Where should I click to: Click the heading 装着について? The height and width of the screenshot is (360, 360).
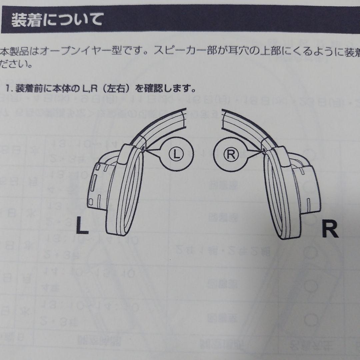click(x=57, y=20)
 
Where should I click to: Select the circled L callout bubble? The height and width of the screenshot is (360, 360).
click(x=176, y=154)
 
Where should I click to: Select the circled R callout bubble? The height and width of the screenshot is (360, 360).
click(x=230, y=154)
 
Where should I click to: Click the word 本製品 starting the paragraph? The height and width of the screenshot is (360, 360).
click(x=13, y=51)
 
